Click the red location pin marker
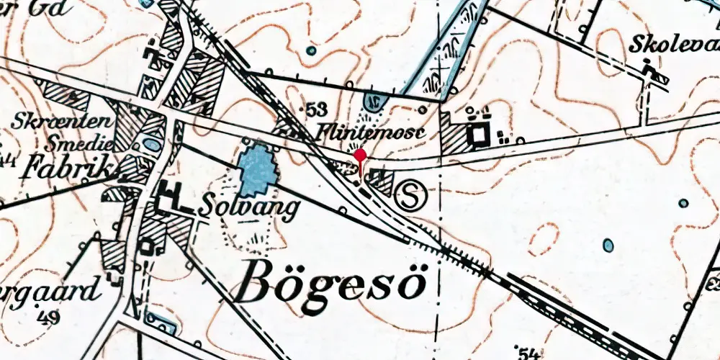tap(360, 156)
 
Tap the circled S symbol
tap(412, 197)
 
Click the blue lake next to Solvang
tap(258, 170)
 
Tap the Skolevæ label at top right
tap(674, 44)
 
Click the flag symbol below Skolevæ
tap(652, 74)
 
